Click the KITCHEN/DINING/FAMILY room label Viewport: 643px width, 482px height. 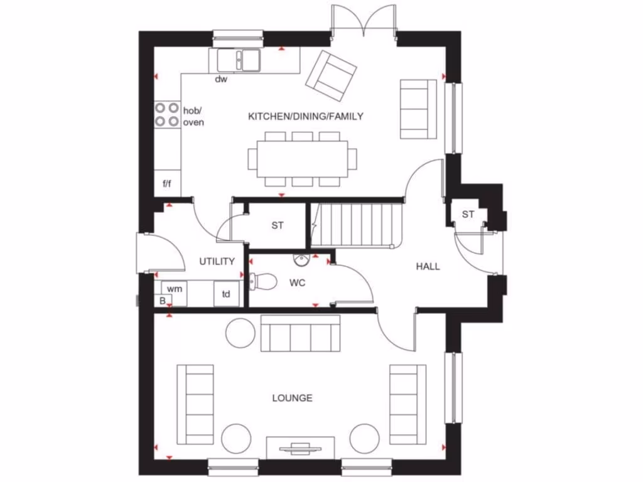click(x=306, y=116)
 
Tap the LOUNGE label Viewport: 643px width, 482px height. click(x=292, y=398)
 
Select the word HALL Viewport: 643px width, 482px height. click(x=428, y=266)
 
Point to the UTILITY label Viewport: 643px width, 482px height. click(x=217, y=261)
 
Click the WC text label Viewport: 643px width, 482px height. click(x=297, y=283)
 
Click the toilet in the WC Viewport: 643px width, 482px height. click(x=264, y=281)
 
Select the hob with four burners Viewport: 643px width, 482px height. click(x=167, y=114)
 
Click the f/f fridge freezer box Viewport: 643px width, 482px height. click(x=167, y=184)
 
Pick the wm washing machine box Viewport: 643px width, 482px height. click(x=175, y=289)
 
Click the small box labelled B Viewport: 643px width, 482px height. click(x=162, y=301)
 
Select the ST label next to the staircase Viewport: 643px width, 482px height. click(x=278, y=225)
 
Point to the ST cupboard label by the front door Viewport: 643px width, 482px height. click(x=468, y=214)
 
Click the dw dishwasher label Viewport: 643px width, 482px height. click(x=220, y=79)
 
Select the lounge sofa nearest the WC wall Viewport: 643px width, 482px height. click(x=300, y=333)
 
